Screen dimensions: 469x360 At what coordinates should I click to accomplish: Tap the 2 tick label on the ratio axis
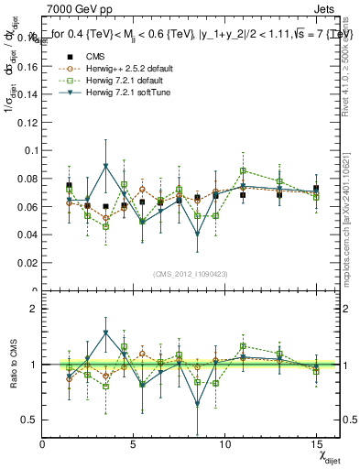[x=33, y=309]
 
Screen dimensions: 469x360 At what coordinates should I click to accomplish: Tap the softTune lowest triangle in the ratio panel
[x=197, y=404]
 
